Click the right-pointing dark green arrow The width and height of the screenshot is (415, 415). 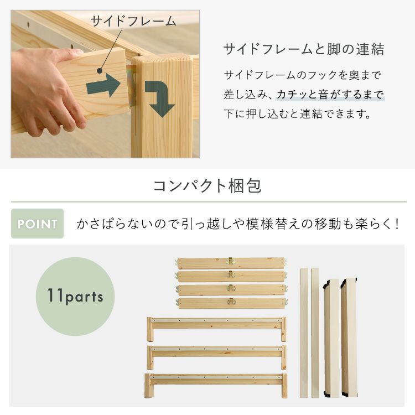(x=103, y=85)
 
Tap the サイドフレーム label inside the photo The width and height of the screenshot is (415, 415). (x=133, y=21)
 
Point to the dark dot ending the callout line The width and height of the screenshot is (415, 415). (x=100, y=71)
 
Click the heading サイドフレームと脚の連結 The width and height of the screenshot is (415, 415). (x=304, y=49)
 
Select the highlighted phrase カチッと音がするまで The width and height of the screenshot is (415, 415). (x=330, y=95)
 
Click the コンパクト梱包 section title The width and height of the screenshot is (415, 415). (x=207, y=186)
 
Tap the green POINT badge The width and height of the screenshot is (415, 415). (x=37, y=224)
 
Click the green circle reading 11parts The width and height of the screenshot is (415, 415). (x=75, y=297)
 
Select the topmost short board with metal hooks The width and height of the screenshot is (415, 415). (x=231, y=263)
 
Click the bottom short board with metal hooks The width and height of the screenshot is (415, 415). (x=232, y=303)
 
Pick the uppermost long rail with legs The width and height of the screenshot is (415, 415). (x=216, y=328)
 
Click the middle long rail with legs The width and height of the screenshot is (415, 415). (x=216, y=357)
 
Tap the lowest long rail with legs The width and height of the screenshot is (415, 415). (x=216, y=385)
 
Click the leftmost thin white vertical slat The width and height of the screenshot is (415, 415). (x=304, y=333)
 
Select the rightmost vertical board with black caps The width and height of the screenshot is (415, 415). (x=349, y=337)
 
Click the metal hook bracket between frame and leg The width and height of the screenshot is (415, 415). (x=132, y=85)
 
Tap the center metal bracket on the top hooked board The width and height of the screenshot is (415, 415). (x=231, y=261)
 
